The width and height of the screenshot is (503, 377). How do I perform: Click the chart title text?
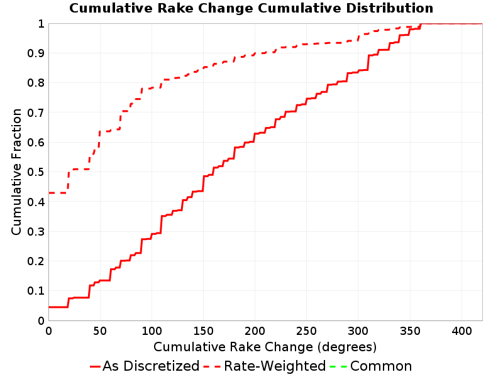(x=251, y=8)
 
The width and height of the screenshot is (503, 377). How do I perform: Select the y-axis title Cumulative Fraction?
(x=16, y=172)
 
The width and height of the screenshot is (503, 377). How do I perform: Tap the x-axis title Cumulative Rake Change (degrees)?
(x=265, y=347)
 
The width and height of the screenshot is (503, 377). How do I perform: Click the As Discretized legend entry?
(x=145, y=366)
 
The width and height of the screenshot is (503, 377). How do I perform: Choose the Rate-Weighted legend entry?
(x=265, y=366)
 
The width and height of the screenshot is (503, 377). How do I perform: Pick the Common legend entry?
(x=370, y=366)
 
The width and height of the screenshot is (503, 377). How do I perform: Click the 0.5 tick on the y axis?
(x=36, y=172)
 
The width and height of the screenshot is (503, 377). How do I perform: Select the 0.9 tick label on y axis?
(x=36, y=53)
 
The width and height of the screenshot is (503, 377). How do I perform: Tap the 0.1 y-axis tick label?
(x=36, y=291)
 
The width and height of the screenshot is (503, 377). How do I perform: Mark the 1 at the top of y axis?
(x=41, y=24)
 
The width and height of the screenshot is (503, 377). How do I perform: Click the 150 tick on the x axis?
(x=203, y=331)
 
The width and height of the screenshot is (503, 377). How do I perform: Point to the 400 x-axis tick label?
(x=462, y=331)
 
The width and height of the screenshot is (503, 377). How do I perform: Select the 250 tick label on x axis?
(x=307, y=331)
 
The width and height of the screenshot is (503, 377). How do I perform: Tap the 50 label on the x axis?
(x=100, y=331)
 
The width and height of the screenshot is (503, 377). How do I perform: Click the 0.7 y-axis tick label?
(x=36, y=112)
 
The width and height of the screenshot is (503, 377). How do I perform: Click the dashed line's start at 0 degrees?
(x=49, y=193)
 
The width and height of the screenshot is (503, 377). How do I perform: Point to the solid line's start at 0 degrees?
(x=49, y=307)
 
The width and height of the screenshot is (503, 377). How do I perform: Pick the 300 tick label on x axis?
(x=358, y=331)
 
